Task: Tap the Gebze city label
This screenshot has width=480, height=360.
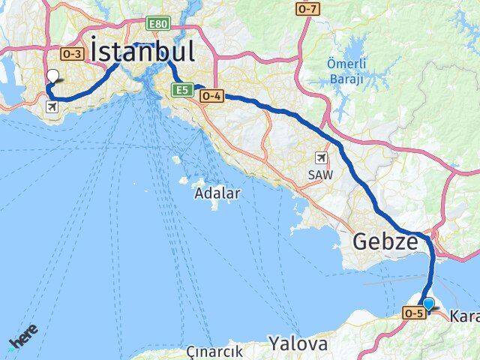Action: click(385, 242)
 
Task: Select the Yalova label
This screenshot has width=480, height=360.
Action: click(298, 344)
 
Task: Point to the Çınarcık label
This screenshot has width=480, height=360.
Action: click(214, 351)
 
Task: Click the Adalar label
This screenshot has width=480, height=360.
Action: click(217, 193)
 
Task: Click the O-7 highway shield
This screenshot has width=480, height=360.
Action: click(307, 9)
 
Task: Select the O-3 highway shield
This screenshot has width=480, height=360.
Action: click(72, 53)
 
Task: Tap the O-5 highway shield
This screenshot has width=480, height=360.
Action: click(413, 313)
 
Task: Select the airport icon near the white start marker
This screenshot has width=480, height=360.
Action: click(52, 107)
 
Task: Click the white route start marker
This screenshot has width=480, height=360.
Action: click(52, 76)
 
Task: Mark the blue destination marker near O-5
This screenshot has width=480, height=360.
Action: click(428, 304)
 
